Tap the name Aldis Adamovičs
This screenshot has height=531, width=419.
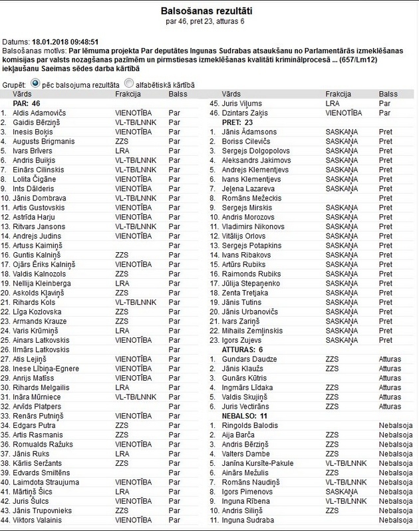[x=41, y=114]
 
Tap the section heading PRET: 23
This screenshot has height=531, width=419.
[x=237, y=122]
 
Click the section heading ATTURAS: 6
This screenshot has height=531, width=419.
[x=243, y=349]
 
